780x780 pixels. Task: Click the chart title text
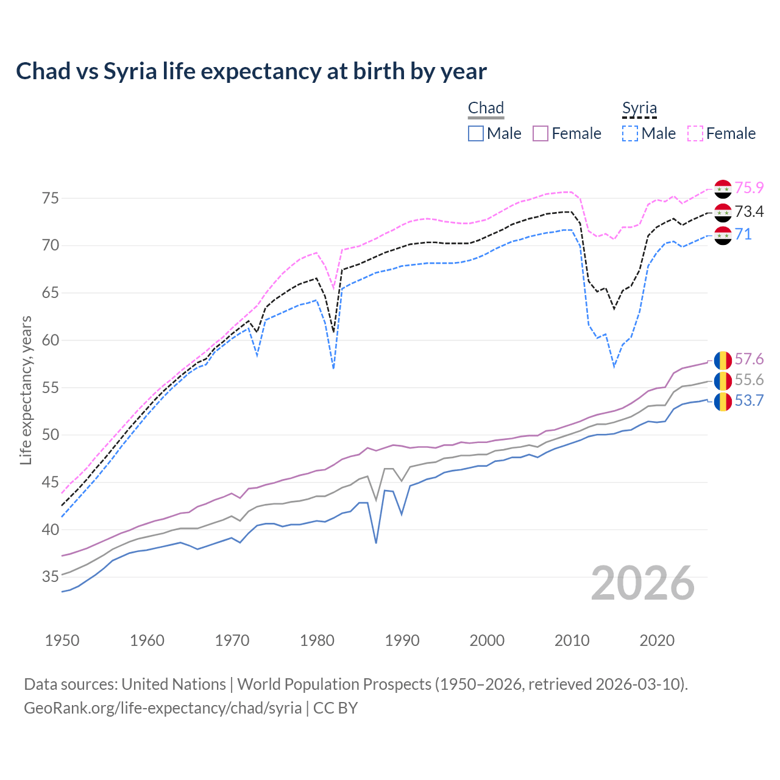coord(251,71)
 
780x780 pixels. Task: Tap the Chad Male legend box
coord(476,133)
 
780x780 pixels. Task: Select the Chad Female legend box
coord(541,133)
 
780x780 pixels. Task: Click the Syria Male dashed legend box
coord(630,133)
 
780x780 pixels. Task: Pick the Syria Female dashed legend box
coord(695,133)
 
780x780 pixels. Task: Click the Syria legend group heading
coord(639,108)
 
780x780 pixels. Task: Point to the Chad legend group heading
coord(486,108)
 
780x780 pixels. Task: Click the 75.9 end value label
coord(749,188)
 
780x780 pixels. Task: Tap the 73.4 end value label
coord(749,211)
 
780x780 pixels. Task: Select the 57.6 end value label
coord(749,360)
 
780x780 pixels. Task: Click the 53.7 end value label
coord(749,401)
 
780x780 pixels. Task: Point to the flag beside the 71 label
coord(723,235)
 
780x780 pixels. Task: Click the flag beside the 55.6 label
coord(723,381)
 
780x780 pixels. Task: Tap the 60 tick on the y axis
coord(51,340)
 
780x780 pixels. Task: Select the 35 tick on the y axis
coord(51,576)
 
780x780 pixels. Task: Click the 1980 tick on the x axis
coord(317,640)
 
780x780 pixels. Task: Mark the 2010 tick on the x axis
coord(572,640)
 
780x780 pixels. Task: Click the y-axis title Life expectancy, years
coord(26,390)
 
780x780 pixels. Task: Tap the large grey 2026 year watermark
coord(643,584)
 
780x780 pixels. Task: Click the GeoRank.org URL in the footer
coord(163,708)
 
